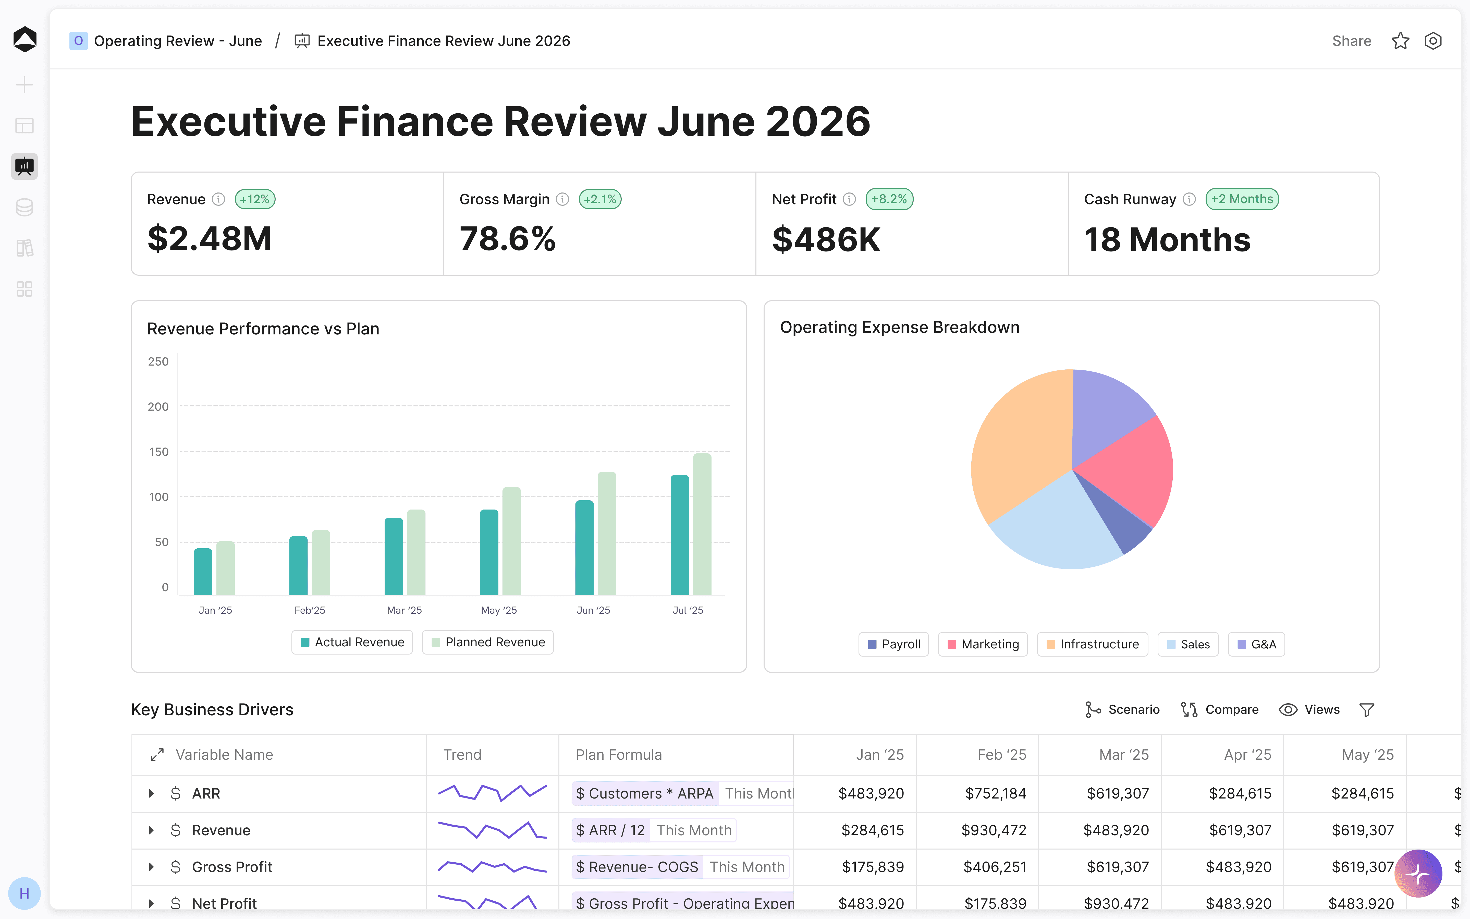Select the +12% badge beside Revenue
(255, 199)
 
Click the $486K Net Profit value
(826, 239)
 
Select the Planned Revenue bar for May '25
(511, 541)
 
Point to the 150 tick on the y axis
(158, 452)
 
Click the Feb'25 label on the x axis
(310, 610)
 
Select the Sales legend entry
(1188, 644)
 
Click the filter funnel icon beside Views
(1367, 710)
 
